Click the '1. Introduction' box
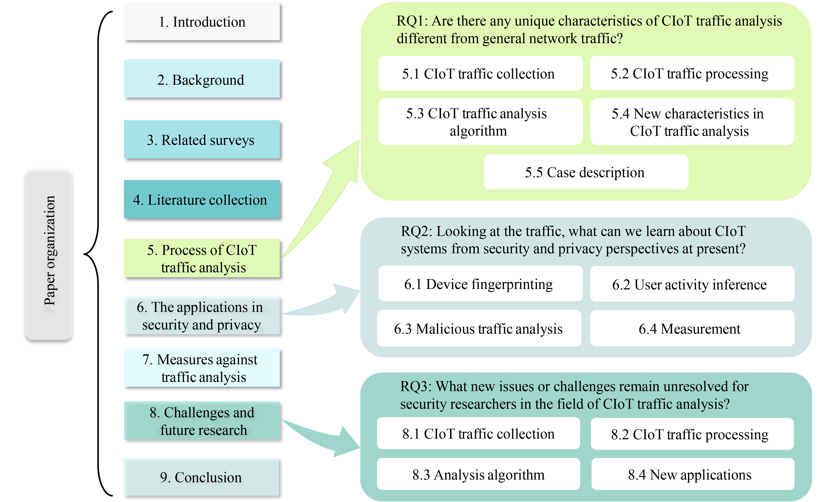click(x=202, y=22)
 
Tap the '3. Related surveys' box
click(x=202, y=140)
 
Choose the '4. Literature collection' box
click(x=202, y=200)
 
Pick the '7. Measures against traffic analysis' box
click(x=202, y=368)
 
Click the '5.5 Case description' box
click(x=586, y=172)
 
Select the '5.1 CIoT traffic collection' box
click(x=480, y=74)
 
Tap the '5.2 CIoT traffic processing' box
click(x=692, y=74)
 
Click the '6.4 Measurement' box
click(x=692, y=329)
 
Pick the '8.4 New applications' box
click(x=692, y=474)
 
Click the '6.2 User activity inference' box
click(x=692, y=284)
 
